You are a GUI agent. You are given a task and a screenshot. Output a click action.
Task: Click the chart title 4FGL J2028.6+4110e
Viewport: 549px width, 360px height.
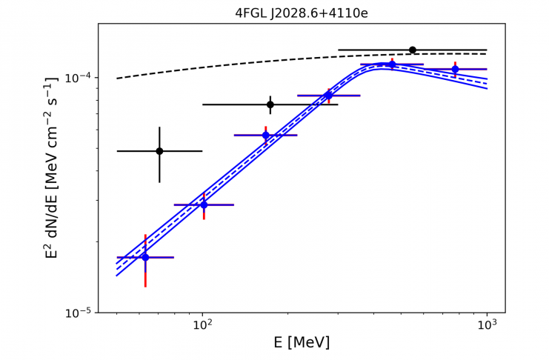click(302, 13)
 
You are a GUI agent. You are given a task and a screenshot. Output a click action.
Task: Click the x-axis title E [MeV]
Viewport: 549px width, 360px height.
click(302, 342)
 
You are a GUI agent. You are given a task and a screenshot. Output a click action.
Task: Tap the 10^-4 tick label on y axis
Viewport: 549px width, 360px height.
click(79, 78)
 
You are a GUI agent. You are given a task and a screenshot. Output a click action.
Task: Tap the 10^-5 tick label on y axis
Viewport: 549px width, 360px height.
click(79, 313)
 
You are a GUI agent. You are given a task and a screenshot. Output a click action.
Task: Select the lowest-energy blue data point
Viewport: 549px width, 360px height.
click(145, 257)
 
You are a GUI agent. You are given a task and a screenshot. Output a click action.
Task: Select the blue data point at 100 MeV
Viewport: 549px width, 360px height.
click(204, 204)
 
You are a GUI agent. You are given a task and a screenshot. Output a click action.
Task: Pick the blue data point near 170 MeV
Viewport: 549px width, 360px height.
click(266, 135)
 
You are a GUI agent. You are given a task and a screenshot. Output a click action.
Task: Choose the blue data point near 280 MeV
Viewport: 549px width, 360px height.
click(328, 96)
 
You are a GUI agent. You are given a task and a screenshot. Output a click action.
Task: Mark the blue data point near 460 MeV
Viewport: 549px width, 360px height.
click(392, 65)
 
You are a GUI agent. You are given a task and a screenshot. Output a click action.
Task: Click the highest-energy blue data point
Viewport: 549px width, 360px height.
click(455, 70)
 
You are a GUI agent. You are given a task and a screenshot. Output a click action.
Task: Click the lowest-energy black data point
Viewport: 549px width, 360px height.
click(159, 151)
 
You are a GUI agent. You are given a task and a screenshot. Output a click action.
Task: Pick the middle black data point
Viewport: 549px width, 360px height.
click(270, 104)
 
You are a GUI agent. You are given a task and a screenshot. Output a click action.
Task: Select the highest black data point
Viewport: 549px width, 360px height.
click(413, 50)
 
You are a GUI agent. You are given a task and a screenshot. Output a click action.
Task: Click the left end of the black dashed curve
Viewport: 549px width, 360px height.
click(118, 79)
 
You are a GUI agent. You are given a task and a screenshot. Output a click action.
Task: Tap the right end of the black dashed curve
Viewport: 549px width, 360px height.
click(486, 54)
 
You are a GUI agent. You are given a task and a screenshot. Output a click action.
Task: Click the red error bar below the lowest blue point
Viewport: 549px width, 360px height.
click(145, 276)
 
